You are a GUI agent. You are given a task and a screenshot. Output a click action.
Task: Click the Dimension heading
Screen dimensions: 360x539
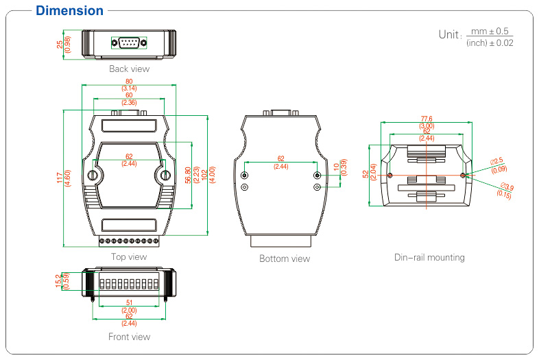click(69, 11)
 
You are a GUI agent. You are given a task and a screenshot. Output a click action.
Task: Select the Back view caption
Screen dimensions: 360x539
click(129, 69)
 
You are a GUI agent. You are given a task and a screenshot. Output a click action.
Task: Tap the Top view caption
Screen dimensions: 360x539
click(129, 257)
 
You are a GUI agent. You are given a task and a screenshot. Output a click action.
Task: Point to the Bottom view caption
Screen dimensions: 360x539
click(284, 259)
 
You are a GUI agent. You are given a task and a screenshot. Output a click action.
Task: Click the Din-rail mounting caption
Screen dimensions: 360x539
click(429, 258)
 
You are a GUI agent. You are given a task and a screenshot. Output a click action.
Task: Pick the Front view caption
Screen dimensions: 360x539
click(129, 337)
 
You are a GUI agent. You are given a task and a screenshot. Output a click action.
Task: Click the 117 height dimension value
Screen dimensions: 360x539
click(60, 178)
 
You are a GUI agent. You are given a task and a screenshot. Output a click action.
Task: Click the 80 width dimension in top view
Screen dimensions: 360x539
click(129, 82)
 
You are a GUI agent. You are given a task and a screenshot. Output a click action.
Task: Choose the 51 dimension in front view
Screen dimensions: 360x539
click(129, 302)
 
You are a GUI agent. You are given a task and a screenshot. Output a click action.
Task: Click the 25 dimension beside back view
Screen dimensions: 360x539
click(60, 44)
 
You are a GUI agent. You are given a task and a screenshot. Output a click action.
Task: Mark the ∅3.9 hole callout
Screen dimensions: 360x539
click(507, 187)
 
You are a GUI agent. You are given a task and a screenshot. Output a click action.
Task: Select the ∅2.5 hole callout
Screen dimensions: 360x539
click(498, 161)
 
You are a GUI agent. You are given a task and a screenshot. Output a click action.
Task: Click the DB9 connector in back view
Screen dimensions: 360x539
click(129, 43)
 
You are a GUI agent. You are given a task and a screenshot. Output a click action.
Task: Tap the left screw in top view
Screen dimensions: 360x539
click(93, 176)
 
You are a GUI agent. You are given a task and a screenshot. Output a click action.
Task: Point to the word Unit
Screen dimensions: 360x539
click(450, 34)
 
